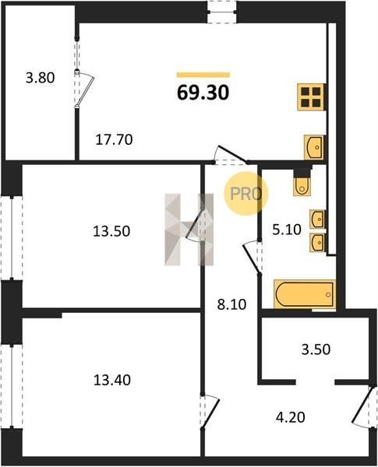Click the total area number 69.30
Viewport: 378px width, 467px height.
pos(203,93)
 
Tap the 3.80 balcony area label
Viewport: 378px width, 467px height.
pos(41,78)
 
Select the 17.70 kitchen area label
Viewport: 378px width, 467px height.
pos(114,139)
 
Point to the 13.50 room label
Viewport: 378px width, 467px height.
pos(111,231)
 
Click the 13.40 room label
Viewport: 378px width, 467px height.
pos(112,380)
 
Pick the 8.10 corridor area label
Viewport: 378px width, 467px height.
pos(231,304)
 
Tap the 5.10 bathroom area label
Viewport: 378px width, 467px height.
pos(287,230)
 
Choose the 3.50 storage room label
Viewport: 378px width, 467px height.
pos(316,349)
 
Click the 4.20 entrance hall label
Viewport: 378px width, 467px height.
pos(290,417)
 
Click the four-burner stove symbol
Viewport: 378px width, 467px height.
pos(311,97)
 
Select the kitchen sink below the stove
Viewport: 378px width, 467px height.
pos(313,147)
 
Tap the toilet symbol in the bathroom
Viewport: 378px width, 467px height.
pos(302,184)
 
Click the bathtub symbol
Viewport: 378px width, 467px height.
pos(305,294)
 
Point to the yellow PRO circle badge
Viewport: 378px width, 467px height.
pos(246,194)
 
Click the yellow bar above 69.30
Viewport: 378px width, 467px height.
pos(203,75)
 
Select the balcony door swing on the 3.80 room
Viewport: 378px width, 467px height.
pos(86,89)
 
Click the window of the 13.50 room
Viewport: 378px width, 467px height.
pos(12,237)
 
